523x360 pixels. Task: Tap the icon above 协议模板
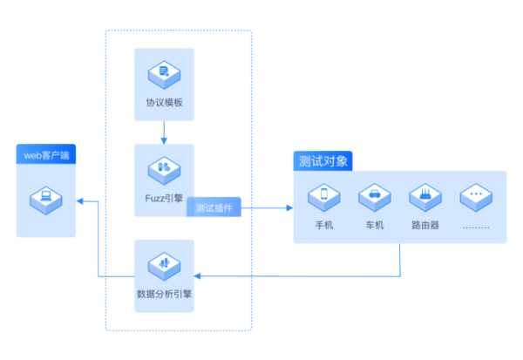point(164,72)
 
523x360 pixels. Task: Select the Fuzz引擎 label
point(164,198)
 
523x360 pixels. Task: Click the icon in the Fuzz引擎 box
point(164,167)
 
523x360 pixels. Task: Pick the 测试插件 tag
point(214,208)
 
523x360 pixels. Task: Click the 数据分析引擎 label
point(164,294)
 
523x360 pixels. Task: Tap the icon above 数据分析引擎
point(164,263)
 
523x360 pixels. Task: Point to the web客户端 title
point(46,155)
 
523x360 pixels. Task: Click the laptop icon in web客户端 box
point(46,197)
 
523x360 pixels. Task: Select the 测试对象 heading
point(323,161)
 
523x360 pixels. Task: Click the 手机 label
point(324,224)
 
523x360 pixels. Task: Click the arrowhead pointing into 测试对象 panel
point(289,208)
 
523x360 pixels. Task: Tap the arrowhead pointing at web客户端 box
point(79,201)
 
